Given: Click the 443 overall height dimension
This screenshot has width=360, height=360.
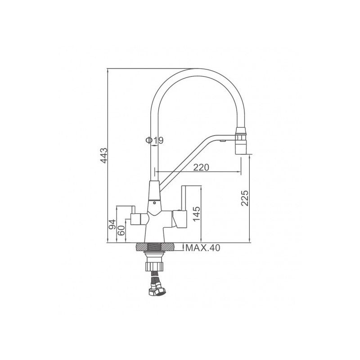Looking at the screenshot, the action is (104, 156).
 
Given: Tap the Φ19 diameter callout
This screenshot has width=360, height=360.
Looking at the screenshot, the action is (154, 140).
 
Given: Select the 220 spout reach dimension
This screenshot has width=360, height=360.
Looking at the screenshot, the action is (201, 167).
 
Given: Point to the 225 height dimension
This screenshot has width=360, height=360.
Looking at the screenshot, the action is (245, 198).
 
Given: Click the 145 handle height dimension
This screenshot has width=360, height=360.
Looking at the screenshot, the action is (197, 214).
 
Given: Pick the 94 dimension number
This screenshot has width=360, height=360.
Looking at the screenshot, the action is (112, 224).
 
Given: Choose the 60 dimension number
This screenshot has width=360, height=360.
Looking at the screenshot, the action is (121, 230).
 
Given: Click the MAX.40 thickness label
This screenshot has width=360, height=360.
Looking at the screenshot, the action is (203, 248).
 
